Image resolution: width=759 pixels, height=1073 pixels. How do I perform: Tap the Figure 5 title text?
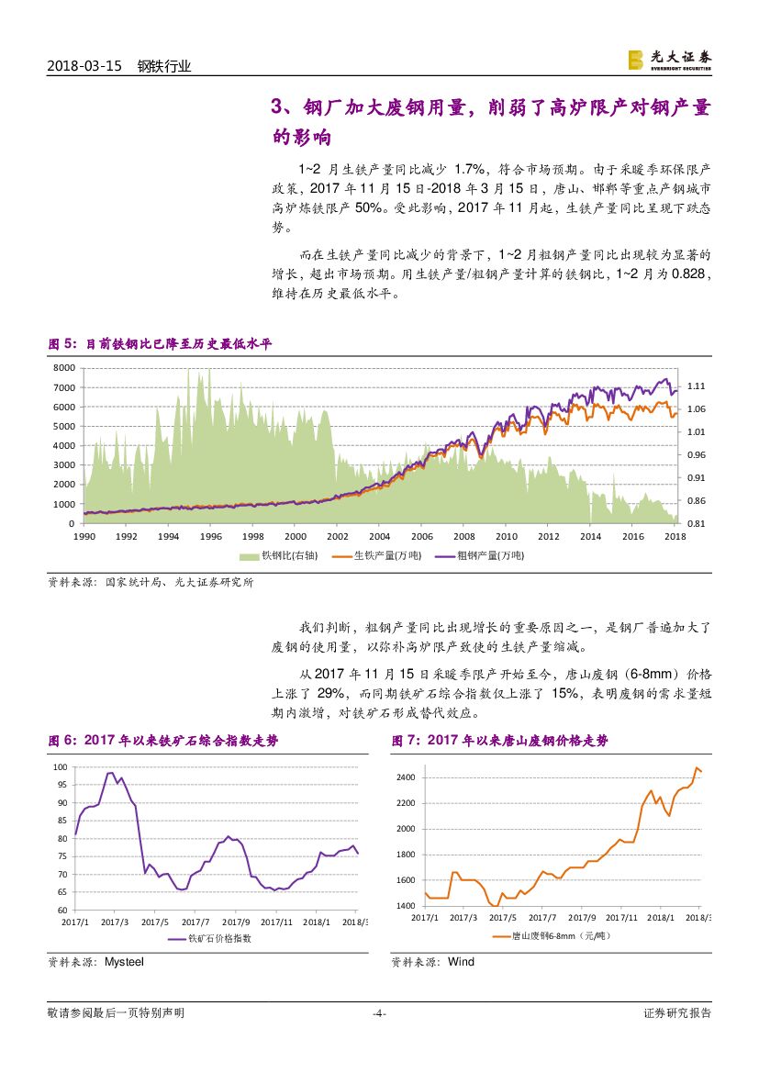(x=160, y=344)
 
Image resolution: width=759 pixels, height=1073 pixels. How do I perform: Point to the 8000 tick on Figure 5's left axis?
(x=62, y=367)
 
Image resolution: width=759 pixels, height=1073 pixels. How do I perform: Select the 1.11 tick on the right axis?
(x=696, y=386)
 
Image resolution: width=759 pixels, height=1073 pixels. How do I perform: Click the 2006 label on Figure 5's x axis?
(x=420, y=536)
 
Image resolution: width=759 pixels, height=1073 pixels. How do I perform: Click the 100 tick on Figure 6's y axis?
(x=61, y=766)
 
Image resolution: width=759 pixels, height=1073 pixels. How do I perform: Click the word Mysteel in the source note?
(x=124, y=962)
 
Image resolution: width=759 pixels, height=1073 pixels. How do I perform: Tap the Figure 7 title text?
(x=499, y=741)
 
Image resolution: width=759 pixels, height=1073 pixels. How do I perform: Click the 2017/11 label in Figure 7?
(x=621, y=917)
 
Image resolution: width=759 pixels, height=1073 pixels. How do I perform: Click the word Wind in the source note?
(x=461, y=962)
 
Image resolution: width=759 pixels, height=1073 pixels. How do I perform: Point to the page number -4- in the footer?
(x=379, y=1013)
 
